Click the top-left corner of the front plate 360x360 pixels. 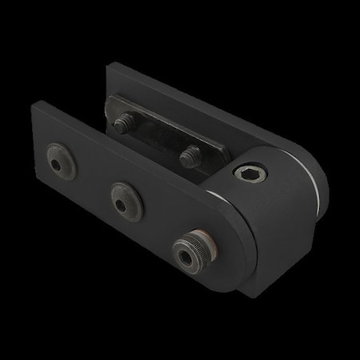tap(37, 105)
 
